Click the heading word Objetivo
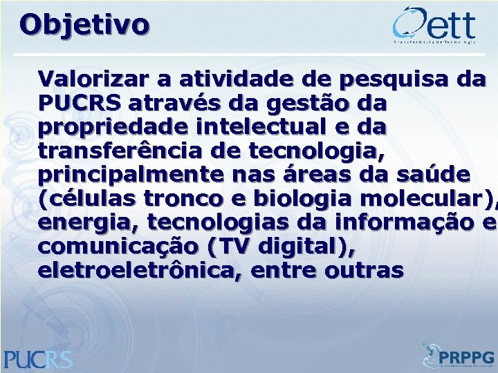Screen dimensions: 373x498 tap(84, 25)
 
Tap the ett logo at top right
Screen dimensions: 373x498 tap(434, 26)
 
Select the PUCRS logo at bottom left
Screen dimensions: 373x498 tap(38, 358)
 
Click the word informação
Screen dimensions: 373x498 tap(402, 223)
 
